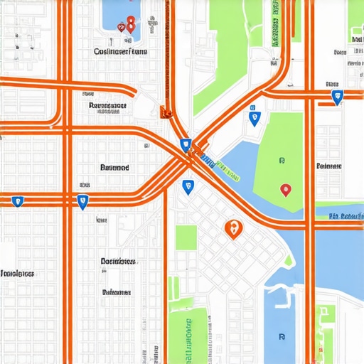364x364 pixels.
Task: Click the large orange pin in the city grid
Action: pyautogui.click(x=233, y=228)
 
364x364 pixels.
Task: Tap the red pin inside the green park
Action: pyautogui.click(x=285, y=190)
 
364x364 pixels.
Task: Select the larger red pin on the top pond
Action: pyautogui.click(x=130, y=23)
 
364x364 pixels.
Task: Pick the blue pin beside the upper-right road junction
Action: pyautogui.click(x=338, y=97)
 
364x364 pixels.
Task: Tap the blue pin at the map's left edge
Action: pyautogui.click(x=18, y=201)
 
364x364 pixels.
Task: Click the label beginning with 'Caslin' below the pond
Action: pyautogui.click(x=121, y=52)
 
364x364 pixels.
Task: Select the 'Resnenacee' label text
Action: pyautogui.click(x=108, y=107)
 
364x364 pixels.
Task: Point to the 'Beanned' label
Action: pyautogui.click(x=114, y=168)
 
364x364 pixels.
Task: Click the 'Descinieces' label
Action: pyautogui.click(x=118, y=262)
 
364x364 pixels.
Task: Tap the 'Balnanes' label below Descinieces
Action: pyautogui.click(x=116, y=292)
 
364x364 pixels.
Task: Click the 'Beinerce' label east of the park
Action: pyautogui.click(x=328, y=166)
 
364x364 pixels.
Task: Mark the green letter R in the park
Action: pyautogui.click(x=282, y=161)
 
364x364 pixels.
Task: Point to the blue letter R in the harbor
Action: pyautogui.click(x=282, y=337)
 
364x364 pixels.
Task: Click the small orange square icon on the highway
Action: pyautogui.click(x=165, y=111)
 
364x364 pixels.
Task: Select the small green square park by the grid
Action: pyautogui.click(x=186, y=237)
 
